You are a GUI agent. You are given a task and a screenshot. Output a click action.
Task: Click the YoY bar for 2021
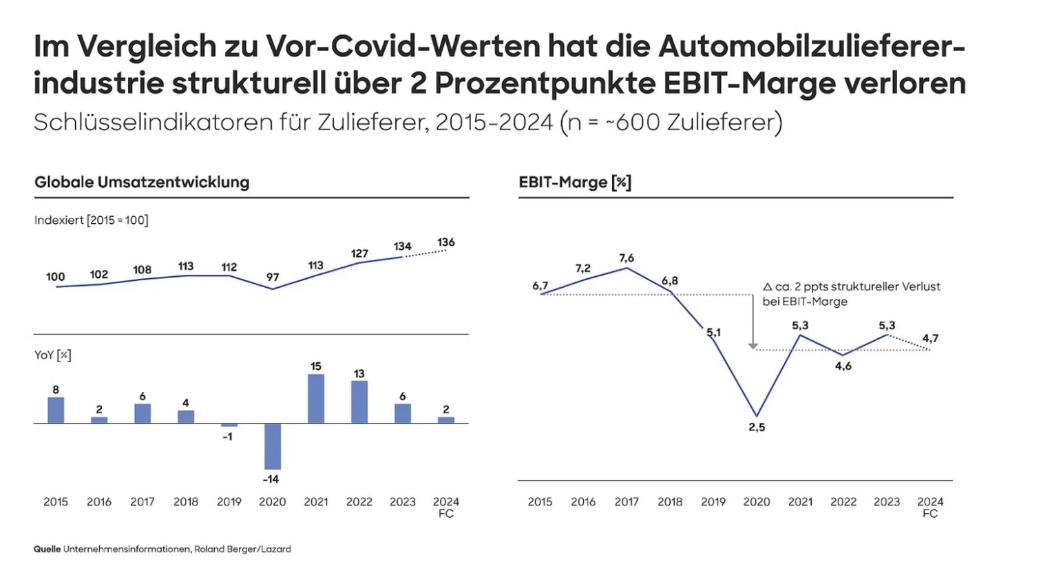(316, 399)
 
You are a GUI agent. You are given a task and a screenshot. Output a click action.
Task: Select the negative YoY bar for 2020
(273, 446)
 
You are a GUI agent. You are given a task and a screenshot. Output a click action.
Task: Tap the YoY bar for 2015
(56, 410)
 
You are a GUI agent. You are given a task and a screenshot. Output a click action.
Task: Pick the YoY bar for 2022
(359, 402)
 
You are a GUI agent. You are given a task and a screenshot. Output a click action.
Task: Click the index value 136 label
(446, 242)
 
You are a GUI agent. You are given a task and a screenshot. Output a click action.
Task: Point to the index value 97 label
(273, 277)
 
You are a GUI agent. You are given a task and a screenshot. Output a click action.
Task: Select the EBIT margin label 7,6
(627, 258)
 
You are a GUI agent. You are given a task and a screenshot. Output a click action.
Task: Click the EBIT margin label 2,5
(757, 428)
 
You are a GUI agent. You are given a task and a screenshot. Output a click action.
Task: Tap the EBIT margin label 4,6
(843, 366)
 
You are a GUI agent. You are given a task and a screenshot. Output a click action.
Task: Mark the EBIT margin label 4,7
(930, 338)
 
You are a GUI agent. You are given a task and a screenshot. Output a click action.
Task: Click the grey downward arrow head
(753, 346)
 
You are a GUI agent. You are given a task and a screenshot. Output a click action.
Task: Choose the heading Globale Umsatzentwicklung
(142, 182)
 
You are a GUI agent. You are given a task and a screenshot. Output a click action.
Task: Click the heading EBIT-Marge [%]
(575, 182)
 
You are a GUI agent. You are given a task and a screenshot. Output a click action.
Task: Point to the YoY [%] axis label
(53, 355)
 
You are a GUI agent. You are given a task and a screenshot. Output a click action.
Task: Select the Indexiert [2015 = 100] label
(92, 220)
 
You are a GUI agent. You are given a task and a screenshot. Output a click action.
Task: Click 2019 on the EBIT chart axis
(713, 502)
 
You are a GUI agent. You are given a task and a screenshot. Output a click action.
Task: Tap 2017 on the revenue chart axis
(143, 502)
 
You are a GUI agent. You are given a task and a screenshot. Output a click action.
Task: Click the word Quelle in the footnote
(47, 550)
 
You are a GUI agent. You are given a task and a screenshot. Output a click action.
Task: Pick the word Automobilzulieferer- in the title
(812, 47)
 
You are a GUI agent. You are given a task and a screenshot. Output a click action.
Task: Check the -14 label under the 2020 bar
(271, 479)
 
